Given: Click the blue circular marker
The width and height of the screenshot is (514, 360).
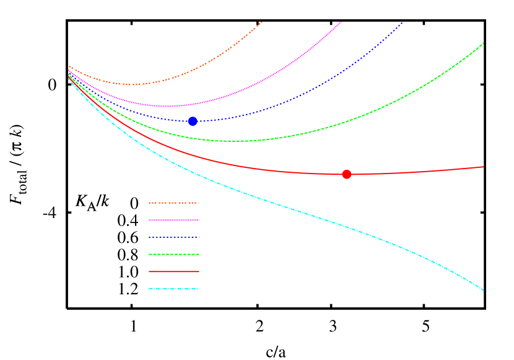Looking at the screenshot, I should click(x=193, y=121).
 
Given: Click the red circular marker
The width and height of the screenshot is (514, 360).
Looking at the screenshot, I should click(x=347, y=174).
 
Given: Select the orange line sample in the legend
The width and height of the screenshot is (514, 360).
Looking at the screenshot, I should click(x=173, y=203).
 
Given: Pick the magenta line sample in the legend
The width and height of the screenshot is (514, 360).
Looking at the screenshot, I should click(x=173, y=220).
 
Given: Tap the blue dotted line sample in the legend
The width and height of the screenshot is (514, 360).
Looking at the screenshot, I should click(x=173, y=237).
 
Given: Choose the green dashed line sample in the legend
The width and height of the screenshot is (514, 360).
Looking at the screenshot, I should click(x=173, y=254).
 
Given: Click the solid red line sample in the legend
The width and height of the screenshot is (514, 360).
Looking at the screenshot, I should click(x=173, y=271).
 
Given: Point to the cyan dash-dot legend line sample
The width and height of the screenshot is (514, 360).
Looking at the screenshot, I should click(x=173, y=289).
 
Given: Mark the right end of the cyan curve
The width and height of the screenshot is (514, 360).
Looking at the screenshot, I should click(x=483, y=290).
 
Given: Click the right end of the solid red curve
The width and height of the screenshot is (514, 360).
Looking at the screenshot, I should click(x=483, y=167).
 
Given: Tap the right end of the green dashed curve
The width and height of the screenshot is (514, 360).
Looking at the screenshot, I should click(x=483, y=43).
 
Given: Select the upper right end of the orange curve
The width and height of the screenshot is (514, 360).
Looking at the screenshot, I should click(x=262, y=22).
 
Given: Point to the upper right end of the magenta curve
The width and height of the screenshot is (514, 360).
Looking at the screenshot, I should click(x=341, y=22).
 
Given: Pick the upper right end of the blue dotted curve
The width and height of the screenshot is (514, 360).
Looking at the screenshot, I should click(x=402, y=23).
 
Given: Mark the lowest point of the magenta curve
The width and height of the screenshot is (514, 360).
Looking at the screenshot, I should click(x=168, y=106).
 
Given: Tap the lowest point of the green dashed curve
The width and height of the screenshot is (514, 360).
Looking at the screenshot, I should click(x=232, y=141).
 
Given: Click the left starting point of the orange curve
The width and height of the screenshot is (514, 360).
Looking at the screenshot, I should click(x=69, y=65).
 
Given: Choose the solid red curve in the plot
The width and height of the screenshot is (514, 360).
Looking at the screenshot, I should click(x=248, y=167).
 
